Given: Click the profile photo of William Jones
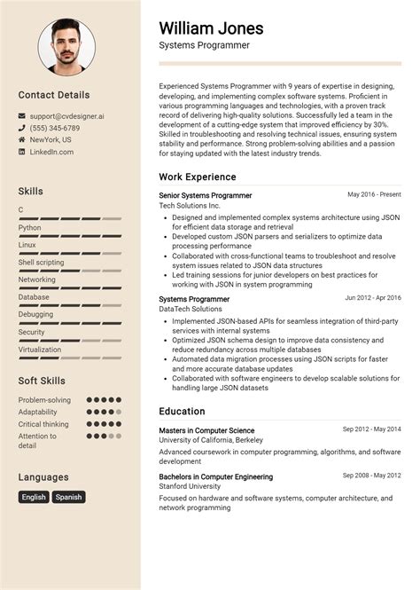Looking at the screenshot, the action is (x=66, y=46).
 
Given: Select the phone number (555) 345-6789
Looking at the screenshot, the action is (x=54, y=128).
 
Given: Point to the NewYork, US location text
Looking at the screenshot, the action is (x=51, y=139).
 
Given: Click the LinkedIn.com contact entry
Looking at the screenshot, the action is (x=52, y=152).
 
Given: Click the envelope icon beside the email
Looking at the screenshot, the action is (x=22, y=115).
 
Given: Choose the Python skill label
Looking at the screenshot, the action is (x=29, y=227).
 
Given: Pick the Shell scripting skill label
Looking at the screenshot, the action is (x=41, y=263).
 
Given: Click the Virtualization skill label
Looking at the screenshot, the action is (x=40, y=350).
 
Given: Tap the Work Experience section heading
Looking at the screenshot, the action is (x=197, y=177).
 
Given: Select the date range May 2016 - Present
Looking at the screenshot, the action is (x=374, y=194).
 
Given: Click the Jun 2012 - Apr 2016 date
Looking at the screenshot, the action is (x=372, y=298).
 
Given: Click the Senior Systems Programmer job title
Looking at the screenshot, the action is (x=205, y=195).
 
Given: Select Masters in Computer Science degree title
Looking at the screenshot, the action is (x=206, y=430).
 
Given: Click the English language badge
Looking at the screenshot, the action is (x=34, y=497).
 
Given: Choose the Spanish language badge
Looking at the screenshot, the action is (x=68, y=497).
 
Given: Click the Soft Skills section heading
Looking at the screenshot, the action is (x=42, y=381).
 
